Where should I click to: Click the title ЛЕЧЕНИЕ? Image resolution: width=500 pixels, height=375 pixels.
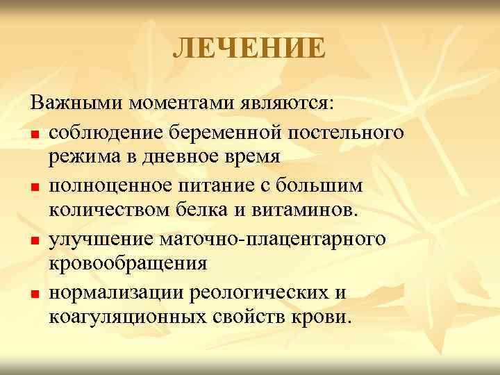[249, 49]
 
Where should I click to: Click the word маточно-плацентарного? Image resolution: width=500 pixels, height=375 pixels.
[281, 237]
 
